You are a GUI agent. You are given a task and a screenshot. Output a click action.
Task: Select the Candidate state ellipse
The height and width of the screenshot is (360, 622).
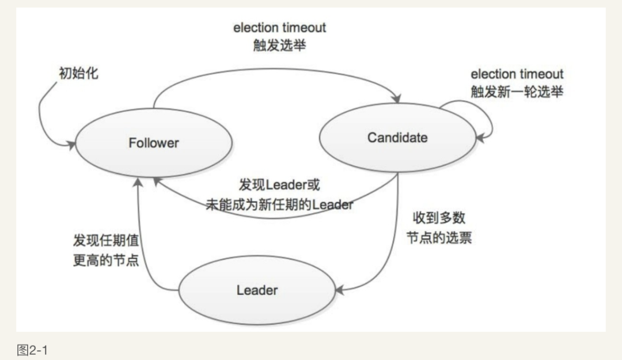click(397, 138)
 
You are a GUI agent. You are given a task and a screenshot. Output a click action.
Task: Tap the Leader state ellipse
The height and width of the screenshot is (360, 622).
click(257, 290)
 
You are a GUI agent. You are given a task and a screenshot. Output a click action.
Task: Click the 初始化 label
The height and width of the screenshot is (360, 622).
click(78, 74)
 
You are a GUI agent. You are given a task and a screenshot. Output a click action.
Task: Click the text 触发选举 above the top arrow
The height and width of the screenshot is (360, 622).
click(279, 46)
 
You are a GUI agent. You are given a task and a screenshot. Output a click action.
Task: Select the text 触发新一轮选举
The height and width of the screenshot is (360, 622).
click(517, 92)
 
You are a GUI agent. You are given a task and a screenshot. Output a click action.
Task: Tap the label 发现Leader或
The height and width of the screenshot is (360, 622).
click(279, 185)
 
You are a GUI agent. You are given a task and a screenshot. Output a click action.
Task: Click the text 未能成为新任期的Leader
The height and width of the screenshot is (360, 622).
click(279, 204)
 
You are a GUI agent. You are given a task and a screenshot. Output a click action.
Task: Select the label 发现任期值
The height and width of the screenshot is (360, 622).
click(105, 241)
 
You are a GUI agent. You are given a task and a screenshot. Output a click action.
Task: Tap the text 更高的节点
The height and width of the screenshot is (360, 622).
click(105, 260)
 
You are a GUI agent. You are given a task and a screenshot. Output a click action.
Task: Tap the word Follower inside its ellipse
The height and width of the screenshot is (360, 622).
click(153, 142)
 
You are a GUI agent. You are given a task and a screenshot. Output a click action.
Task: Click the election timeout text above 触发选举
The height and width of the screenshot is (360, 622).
click(279, 27)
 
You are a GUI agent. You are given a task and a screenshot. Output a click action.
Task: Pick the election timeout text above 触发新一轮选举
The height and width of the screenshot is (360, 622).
click(517, 74)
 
